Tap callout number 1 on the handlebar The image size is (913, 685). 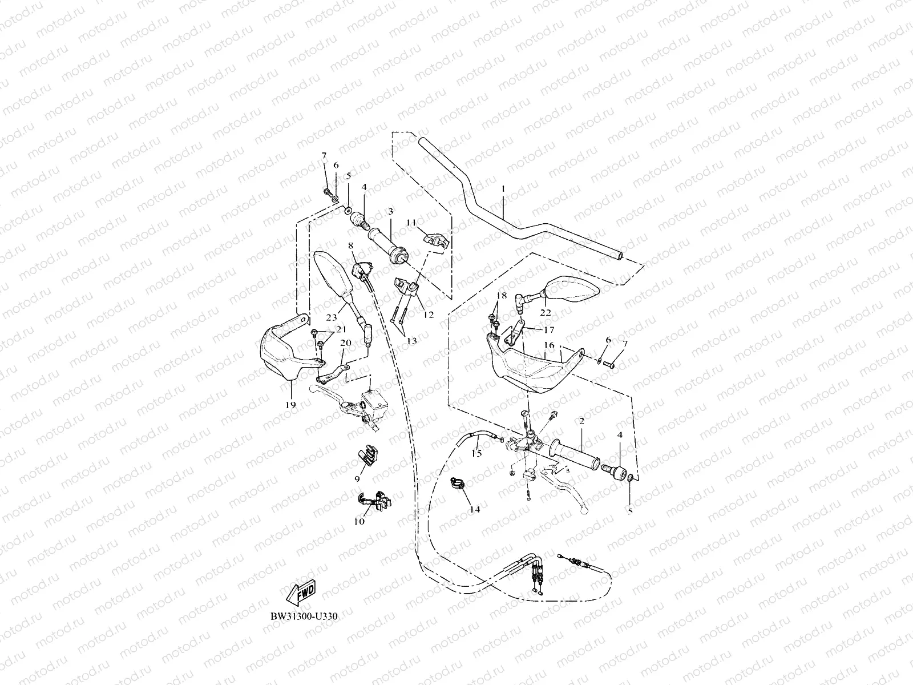point(503,188)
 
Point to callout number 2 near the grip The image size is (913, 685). point(581,421)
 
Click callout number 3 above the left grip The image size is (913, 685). point(390,211)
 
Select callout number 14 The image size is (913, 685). point(475,509)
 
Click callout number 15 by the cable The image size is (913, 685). point(476,454)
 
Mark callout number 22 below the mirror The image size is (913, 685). point(546,312)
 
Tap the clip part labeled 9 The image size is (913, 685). point(369,455)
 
